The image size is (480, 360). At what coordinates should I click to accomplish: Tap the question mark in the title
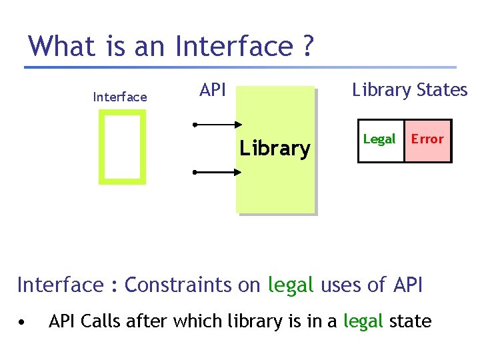click(307, 46)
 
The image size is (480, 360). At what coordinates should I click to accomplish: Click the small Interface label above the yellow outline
click(120, 97)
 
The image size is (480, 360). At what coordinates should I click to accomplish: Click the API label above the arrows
click(213, 90)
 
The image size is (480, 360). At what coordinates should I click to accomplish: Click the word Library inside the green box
click(275, 148)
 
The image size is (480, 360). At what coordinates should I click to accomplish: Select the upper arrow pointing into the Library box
click(217, 125)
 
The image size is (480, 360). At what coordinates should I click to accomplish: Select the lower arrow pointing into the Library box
click(217, 172)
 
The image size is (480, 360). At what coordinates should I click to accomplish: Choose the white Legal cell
click(380, 140)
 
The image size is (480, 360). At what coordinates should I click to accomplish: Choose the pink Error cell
click(427, 140)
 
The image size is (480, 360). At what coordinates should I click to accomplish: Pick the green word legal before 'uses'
click(291, 285)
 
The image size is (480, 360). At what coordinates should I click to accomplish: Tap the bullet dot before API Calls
click(23, 322)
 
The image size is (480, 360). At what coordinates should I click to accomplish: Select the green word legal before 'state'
click(363, 321)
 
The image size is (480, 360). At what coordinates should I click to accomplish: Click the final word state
click(411, 321)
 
